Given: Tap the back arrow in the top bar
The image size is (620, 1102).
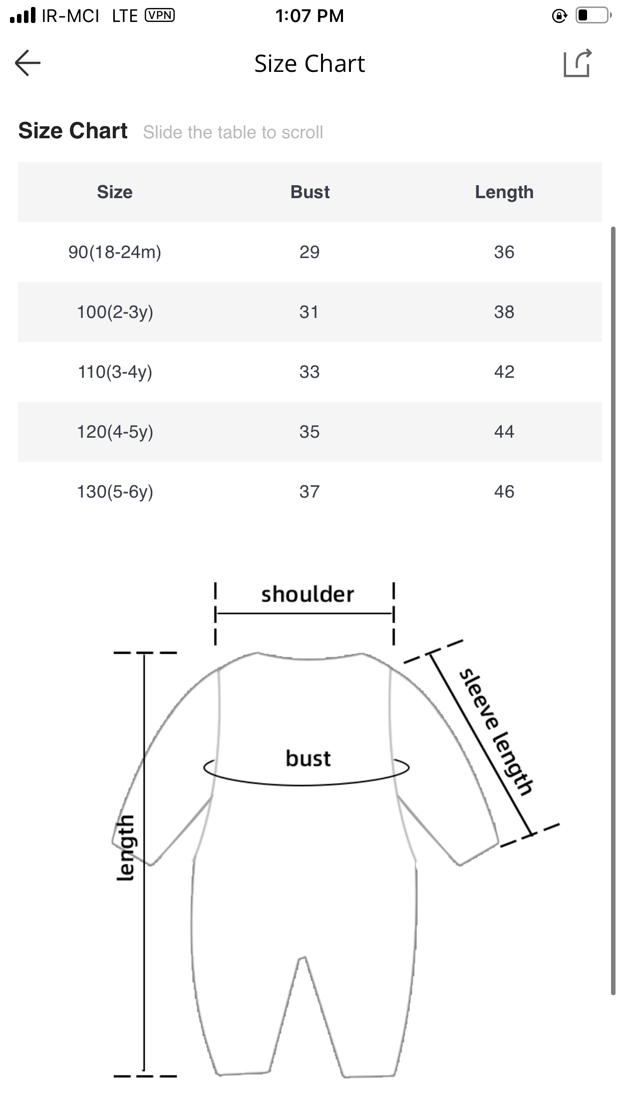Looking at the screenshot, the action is pyautogui.click(x=27, y=63).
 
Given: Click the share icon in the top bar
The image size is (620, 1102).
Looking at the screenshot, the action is pyautogui.click(x=578, y=63).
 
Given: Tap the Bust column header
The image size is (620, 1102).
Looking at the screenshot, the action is pyautogui.click(x=310, y=192).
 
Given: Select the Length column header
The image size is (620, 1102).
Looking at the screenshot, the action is pyautogui.click(x=504, y=193).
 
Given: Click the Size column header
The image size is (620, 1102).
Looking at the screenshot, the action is pyautogui.click(x=115, y=192).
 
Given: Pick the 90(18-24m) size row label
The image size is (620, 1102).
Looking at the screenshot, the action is pyautogui.click(x=115, y=253).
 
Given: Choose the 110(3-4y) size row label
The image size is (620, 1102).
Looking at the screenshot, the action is pyautogui.click(x=115, y=372).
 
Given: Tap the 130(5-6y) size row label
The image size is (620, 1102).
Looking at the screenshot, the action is pyautogui.click(x=115, y=492).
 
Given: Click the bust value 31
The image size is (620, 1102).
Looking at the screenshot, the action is pyautogui.click(x=309, y=312).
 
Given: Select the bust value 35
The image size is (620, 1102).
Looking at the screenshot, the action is pyautogui.click(x=310, y=432).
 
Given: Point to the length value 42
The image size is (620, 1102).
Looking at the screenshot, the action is pyautogui.click(x=504, y=372).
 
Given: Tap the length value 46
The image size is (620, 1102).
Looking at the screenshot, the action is pyautogui.click(x=504, y=492).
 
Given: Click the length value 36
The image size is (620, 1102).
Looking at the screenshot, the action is pyautogui.click(x=504, y=252).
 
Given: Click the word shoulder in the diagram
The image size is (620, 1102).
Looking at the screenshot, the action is pyautogui.click(x=308, y=594).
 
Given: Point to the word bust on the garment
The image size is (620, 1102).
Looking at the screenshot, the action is pyautogui.click(x=308, y=758).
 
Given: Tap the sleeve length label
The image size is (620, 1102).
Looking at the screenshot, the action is pyautogui.click(x=496, y=731).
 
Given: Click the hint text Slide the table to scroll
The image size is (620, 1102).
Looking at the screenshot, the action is pyautogui.click(x=233, y=132).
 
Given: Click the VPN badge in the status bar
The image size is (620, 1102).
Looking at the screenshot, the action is pyautogui.click(x=160, y=15).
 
